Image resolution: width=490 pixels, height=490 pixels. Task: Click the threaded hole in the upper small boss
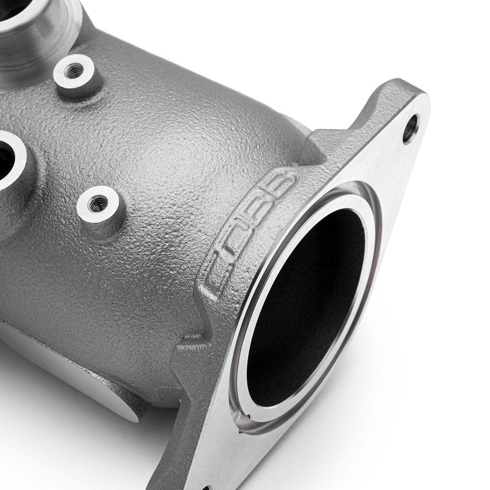pos(73,72)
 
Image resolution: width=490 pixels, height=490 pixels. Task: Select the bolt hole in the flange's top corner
pos(410,128)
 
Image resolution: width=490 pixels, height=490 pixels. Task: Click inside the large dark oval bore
pos(306,306)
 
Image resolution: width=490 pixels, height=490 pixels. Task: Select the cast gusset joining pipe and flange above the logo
pos(312,150)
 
